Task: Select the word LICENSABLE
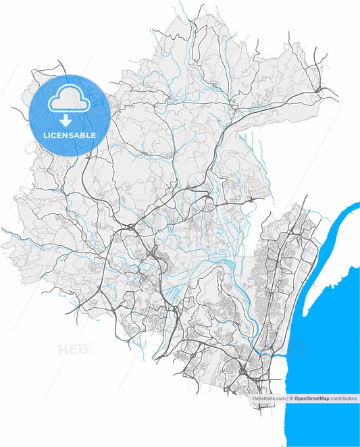click(69, 135)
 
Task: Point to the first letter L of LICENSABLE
click(45, 135)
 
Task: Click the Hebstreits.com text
click(269, 399)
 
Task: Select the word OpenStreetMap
click(311, 399)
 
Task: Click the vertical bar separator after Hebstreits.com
click(286, 399)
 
